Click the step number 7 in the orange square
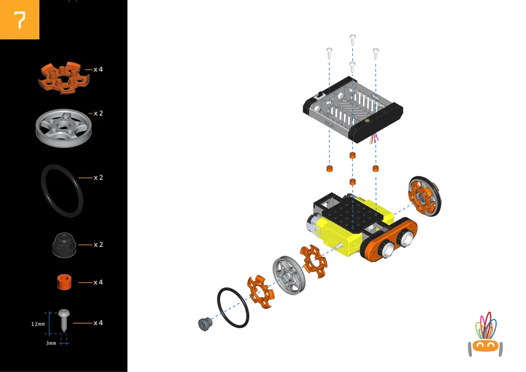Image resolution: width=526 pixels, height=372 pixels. click(x=20, y=20)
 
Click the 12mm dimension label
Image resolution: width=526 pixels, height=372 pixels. click(x=38, y=324)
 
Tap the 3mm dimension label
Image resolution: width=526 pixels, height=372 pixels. click(x=51, y=343)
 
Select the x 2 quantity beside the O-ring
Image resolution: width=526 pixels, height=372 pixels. click(x=98, y=177)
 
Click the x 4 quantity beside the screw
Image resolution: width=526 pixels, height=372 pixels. click(x=98, y=323)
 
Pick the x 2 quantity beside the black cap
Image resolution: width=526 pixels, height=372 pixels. click(x=98, y=245)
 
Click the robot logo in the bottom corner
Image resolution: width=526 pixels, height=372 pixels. click(x=485, y=336)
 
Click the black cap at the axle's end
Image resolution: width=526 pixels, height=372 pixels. click(x=204, y=324)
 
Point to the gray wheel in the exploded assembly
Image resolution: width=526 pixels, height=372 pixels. click(x=288, y=275)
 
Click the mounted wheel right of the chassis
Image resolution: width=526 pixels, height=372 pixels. click(x=425, y=196)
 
